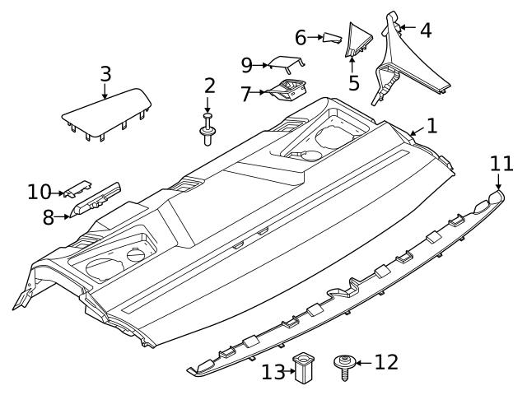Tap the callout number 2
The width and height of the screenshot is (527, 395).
coord(209,85)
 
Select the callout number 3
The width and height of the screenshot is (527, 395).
coord(105,72)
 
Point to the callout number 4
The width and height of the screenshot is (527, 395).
coord(425,30)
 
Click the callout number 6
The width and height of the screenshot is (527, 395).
coord(301,37)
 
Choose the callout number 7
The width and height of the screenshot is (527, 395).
coord(245,95)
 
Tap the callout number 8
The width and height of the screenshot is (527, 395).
coord(48,218)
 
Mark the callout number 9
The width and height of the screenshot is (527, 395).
coord(246,64)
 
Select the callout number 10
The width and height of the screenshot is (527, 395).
coord(38,193)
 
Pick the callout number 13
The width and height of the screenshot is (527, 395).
coord(273,372)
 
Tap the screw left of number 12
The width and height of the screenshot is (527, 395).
coord(343,365)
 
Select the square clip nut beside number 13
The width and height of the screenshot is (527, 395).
coord(306,367)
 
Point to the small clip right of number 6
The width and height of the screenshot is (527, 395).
coord(331,36)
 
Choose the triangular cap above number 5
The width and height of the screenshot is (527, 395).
coord(359,39)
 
